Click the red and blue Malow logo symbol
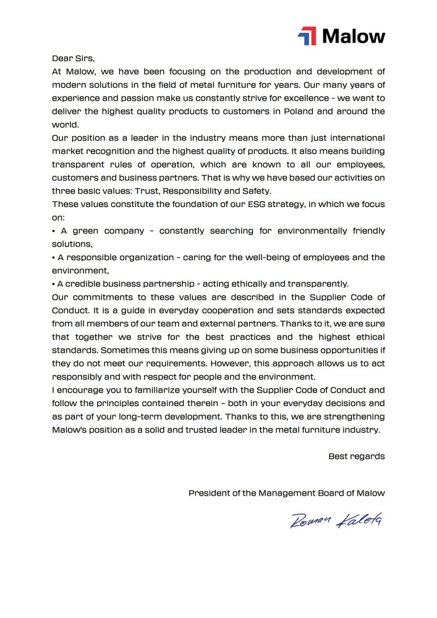click(x=307, y=36)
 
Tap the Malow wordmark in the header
click(x=354, y=36)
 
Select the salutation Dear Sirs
click(x=72, y=59)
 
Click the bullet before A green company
click(x=54, y=231)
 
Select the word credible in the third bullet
click(x=83, y=284)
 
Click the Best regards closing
click(x=356, y=457)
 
